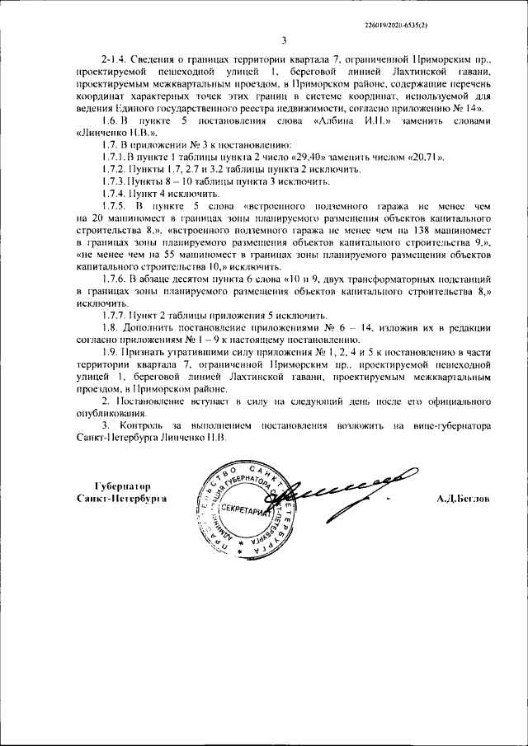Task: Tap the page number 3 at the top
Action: tap(283, 40)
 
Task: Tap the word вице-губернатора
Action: tap(450, 426)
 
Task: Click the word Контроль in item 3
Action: tap(135, 426)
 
